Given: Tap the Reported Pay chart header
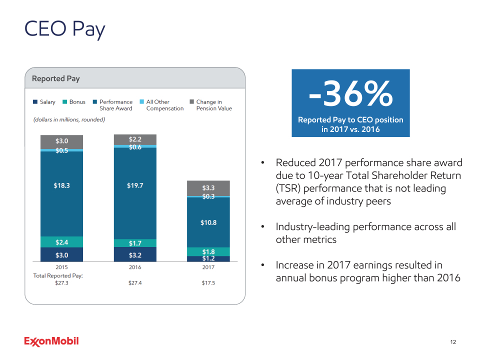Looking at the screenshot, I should (55, 78).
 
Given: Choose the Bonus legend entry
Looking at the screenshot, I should (73, 102).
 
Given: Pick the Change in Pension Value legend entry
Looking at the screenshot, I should (210, 105).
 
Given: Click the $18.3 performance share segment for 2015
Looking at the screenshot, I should (61, 185).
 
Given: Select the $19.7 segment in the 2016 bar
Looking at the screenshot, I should (135, 185).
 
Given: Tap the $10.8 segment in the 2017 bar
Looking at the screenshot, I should (208, 222).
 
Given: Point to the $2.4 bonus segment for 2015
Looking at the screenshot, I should (61, 242).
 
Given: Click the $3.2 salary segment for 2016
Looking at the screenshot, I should (135, 255).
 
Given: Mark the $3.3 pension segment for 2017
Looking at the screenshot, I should (208, 188).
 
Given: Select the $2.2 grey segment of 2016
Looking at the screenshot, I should (135, 139).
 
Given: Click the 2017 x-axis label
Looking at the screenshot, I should (208, 267).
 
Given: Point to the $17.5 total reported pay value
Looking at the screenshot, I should (208, 282).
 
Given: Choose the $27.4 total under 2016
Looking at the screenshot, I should (135, 282).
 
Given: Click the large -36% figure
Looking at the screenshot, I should (350, 95).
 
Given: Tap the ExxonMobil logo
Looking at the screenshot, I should (51, 341).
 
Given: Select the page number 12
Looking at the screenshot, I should (453, 342).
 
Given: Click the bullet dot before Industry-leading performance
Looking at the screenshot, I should (263, 227).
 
